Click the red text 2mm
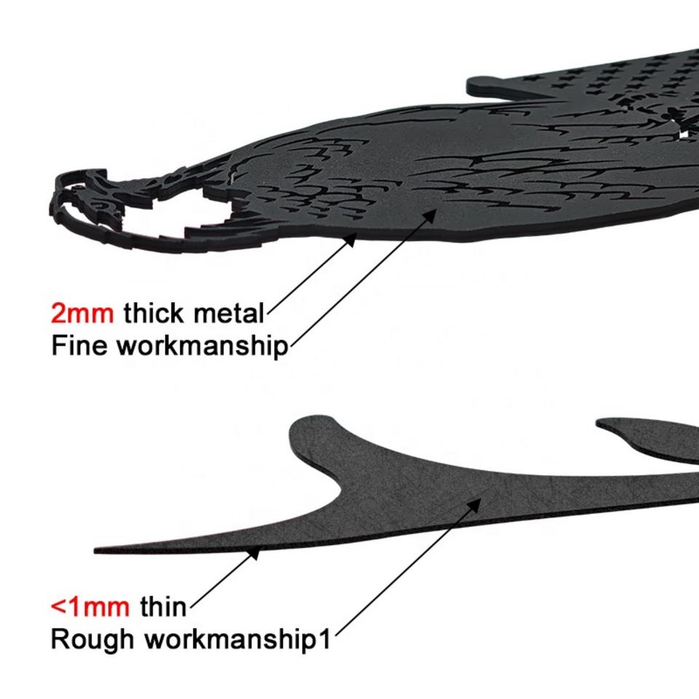point(82,314)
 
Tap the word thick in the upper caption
point(154,314)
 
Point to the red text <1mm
point(90,606)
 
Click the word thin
point(163,606)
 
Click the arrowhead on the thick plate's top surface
point(435,213)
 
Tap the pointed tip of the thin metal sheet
point(98,550)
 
